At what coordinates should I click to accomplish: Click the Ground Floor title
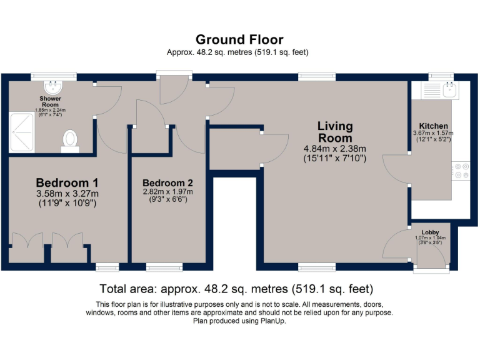coord(239,40)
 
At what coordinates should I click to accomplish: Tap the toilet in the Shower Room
coord(70,141)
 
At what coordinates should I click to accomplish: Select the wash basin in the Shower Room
coord(53,87)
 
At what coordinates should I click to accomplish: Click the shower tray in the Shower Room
coord(21,132)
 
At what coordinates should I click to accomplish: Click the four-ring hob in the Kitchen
coord(461,171)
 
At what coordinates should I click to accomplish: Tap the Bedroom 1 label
coord(67,182)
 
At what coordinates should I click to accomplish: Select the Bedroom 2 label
coord(167,183)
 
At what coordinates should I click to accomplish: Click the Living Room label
coord(335,132)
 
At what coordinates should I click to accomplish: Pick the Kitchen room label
coord(433,126)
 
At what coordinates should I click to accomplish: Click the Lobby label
coord(430,232)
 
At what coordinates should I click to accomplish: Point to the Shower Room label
coord(50,101)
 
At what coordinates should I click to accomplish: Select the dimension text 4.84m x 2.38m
coord(335,149)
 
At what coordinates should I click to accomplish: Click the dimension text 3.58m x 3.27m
coord(67,194)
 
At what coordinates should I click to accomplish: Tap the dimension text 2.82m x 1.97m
coord(167,192)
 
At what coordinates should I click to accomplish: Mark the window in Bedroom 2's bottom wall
coord(165,267)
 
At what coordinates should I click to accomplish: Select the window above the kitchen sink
coord(441,76)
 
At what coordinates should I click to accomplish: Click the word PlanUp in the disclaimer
coord(273,321)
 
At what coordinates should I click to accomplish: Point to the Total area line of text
coord(236,289)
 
